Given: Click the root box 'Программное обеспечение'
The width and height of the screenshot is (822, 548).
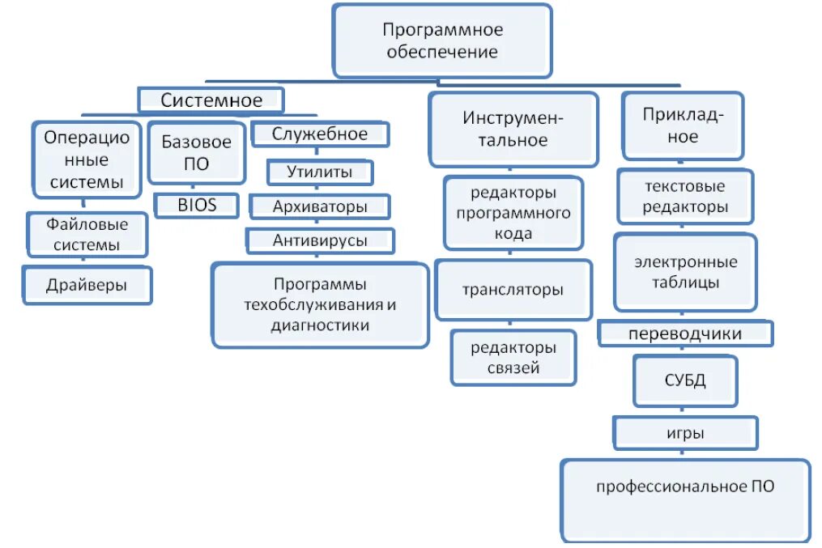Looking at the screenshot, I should (x=442, y=40).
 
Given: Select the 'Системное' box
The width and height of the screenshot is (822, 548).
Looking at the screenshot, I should (x=211, y=100).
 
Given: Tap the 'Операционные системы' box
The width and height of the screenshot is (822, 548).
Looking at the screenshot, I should (x=87, y=159).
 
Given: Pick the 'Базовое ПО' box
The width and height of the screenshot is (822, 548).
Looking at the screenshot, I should (x=197, y=152).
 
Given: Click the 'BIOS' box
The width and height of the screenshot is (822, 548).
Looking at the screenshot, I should (x=198, y=205).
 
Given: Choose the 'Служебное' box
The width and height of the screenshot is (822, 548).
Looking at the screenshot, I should (x=320, y=134).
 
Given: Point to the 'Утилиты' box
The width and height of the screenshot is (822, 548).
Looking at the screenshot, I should (x=320, y=172).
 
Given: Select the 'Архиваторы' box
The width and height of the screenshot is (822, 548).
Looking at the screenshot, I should (x=320, y=206).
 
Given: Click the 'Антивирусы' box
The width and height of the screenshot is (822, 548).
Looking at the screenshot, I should (x=320, y=240).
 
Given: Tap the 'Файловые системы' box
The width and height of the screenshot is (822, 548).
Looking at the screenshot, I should (x=87, y=233).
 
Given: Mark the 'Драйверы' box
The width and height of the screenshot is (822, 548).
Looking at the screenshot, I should (x=87, y=285).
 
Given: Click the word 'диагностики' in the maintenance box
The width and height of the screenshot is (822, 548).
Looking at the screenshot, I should (x=320, y=325).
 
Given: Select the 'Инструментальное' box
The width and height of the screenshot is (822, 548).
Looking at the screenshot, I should (x=513, y=129).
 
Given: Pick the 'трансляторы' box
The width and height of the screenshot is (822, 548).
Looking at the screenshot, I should (x=513, y=289).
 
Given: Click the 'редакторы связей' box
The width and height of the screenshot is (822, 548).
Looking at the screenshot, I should (x=513, y=358).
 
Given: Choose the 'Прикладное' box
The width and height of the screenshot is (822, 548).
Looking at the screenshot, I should (x=683, y=125).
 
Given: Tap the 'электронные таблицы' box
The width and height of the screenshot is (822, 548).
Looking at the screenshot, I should (x=685, y=273).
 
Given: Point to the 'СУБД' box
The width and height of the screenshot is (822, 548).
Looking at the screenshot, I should (x=685, y=380).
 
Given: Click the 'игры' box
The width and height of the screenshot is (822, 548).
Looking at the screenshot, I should (x=685, y=433).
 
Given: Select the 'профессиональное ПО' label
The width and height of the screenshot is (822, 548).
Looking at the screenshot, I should (x=685, y=486).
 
